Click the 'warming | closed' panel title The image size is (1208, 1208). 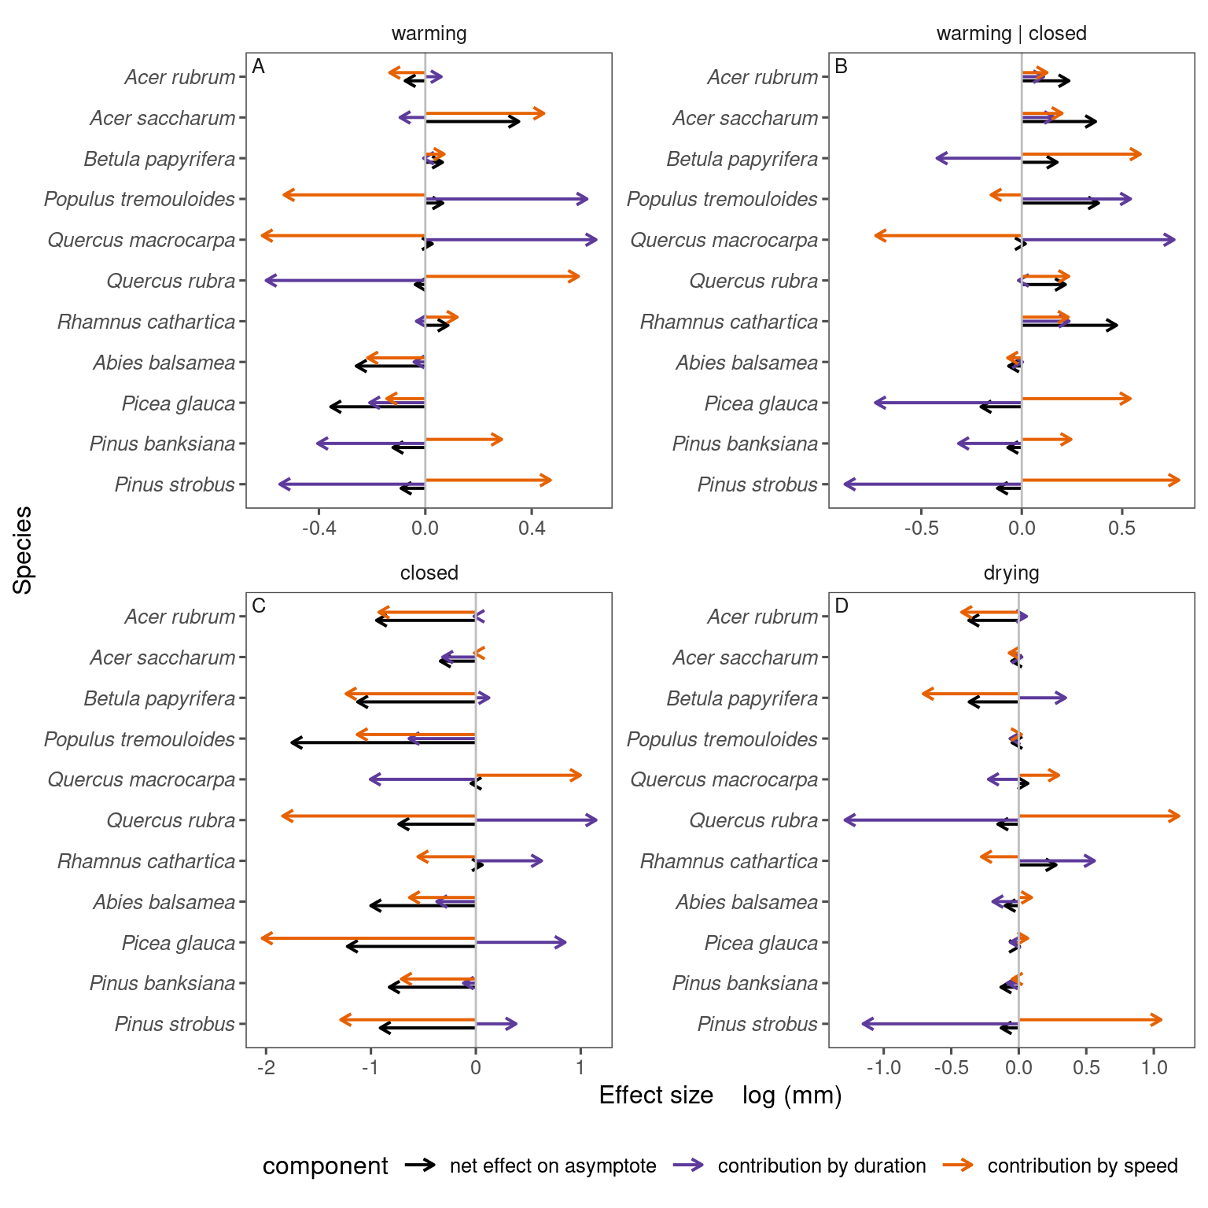coord(1011,34)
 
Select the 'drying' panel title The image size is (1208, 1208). coord(1011,573)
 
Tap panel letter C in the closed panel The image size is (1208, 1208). coord(259,606)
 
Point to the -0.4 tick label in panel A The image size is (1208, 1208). coord(319,528)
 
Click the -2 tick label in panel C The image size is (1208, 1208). coord(266,1067)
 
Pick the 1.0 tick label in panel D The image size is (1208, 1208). coord(1154,1067)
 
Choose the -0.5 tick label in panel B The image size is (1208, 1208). coord(921,528)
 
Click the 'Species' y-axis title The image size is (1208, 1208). coord(24,550)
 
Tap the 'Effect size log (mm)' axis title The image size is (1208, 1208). coord(720,1096)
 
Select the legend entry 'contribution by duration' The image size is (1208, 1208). coord(821,1166)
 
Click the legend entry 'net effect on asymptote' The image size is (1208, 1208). coord(552,1166)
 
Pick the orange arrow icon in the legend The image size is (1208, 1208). coord(958,1166)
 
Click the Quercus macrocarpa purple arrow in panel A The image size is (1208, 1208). coord(510,240)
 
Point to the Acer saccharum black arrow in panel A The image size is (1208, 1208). coord(472,121)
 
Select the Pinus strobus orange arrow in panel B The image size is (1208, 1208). coord(1100,480)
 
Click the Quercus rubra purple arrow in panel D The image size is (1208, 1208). coord(931,820)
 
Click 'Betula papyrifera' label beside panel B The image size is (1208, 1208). coord(742,159)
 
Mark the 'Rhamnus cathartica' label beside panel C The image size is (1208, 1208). coord(146,861)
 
